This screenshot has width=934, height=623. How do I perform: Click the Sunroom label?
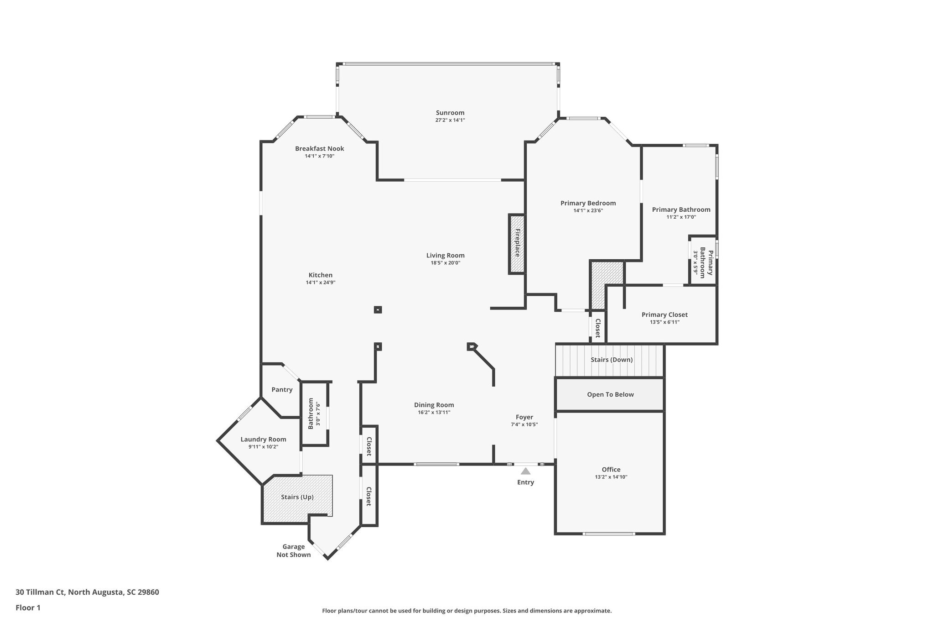(x=450, y=113)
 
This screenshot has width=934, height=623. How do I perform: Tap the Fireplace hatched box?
(x=517, y=244)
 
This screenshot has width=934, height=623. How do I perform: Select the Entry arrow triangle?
(x=525, y=471)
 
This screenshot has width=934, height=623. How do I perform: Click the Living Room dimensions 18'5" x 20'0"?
(x=445, y=263)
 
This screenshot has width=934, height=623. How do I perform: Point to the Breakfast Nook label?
(x=319, y=149)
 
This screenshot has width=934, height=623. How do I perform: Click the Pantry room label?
(x=282, y=389)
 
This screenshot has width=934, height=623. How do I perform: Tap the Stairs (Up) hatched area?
(x=297, y=497)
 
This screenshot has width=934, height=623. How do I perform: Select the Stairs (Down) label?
(x=611, y=360)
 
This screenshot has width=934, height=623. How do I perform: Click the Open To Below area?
(x=610, y=394)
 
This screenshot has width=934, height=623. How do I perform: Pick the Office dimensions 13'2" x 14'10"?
(x=611, y=477)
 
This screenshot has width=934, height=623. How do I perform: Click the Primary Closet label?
(x=664, y=314)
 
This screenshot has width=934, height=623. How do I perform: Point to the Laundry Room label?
(x=263, y=440)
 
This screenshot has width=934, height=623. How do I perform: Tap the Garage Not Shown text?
(x=293, y=550)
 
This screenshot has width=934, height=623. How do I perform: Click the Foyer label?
(x=524, y=417)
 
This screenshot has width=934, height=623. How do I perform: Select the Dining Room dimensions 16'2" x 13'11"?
(x=434, y=413)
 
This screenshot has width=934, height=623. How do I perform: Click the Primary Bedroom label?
(x=588, y=203)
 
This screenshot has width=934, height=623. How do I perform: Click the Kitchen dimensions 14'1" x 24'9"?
(x=320, y=283)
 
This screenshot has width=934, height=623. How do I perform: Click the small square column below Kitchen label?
(x=378, y=309)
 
